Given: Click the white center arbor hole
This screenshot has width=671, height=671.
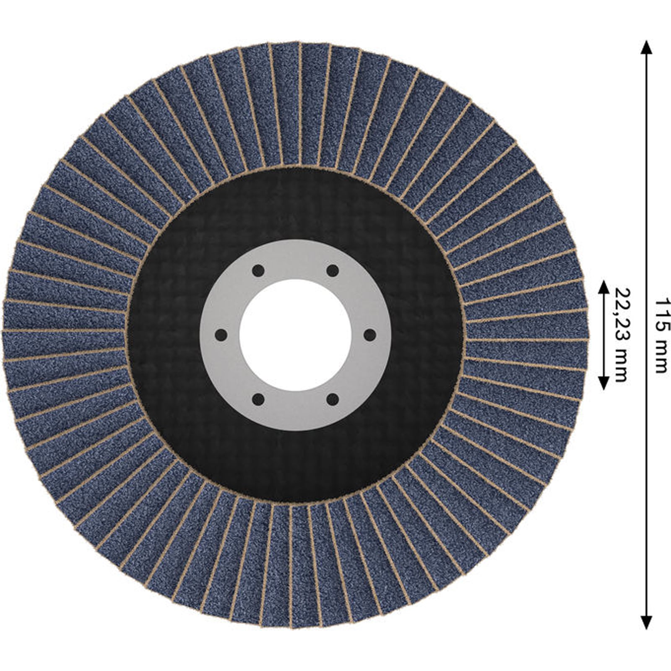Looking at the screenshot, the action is tap(295, 335).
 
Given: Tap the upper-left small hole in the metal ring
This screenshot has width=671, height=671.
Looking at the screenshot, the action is tap(258, 270).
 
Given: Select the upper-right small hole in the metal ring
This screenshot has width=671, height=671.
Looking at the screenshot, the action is tap(333, 270).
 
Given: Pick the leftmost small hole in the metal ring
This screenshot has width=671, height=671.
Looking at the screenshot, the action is tap(221, 335).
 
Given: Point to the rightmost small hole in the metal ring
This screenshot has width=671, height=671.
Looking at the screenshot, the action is tap(369, 335).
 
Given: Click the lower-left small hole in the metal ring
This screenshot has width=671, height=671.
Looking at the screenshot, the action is tap(258, 400).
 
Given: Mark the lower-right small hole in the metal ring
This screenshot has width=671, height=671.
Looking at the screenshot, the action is tap(333, 400).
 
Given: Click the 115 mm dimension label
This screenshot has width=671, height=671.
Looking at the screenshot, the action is tap(661, 335).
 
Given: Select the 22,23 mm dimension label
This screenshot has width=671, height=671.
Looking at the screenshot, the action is tap(622, 335).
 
